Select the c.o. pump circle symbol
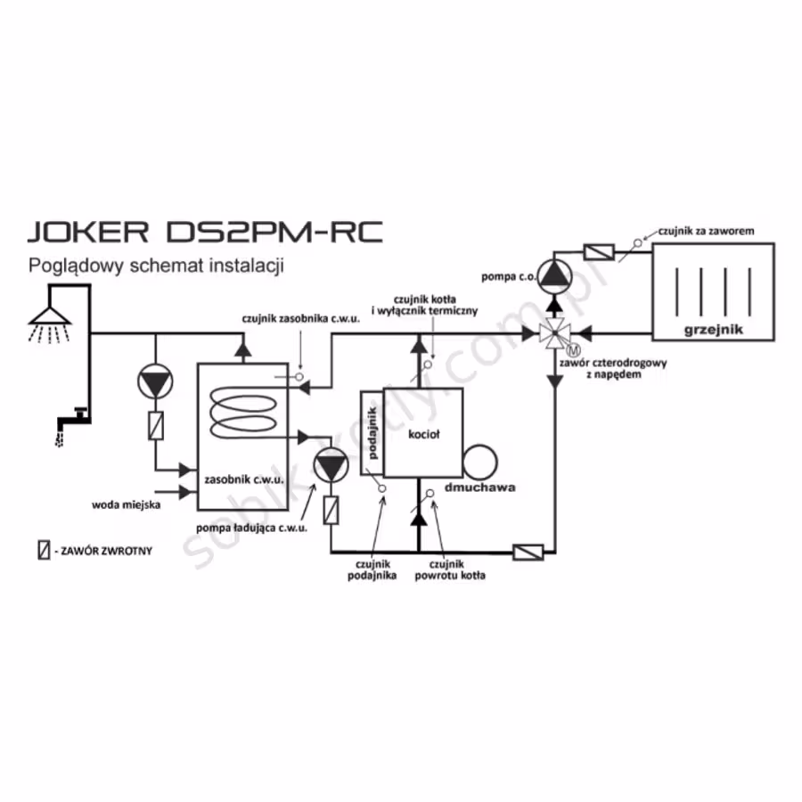click(555, 277)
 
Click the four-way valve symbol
click(555, 333)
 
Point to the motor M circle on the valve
click(573, 350)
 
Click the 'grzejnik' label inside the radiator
click(713, 330)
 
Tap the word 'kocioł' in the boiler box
click(423, 434)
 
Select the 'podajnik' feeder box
click(372, 433)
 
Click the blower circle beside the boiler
click(479, 462)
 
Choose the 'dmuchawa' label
click(479, 487)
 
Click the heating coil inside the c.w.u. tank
click(243, 413)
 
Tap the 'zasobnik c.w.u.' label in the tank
click(244, 479)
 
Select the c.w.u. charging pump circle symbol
click(331, 465)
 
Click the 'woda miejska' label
click(127, 505)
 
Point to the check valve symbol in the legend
click(44, 550)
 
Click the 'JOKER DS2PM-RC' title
click(205, 232)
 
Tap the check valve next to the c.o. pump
click(599, 252)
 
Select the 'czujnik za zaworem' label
click(706, 231)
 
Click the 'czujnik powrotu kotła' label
click(450, 569)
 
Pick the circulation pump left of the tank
click(155, 381)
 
